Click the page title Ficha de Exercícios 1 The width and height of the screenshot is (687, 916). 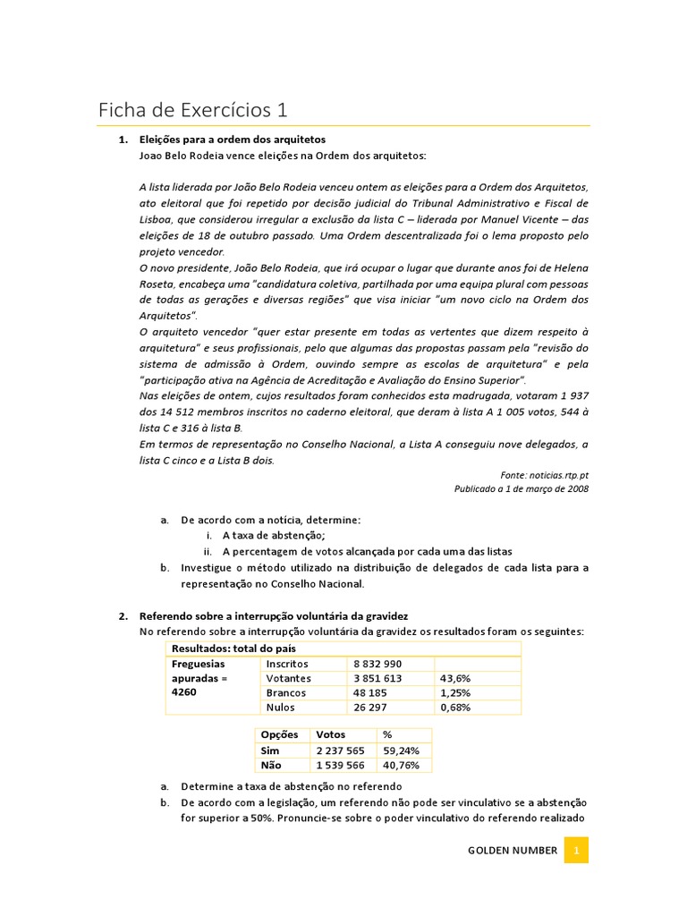192,110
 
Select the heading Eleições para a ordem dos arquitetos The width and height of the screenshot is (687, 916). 233,140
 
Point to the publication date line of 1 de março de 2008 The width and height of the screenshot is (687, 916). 522,489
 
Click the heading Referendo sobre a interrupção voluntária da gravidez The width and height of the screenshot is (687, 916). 274,616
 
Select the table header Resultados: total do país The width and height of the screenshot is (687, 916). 233,648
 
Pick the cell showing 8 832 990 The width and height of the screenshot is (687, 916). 377,664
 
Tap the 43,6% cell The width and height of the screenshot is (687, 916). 455,678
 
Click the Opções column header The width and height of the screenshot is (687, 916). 278,734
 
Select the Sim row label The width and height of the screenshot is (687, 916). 269,750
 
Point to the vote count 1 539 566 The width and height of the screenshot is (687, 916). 340,765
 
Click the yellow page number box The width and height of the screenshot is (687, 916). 577,851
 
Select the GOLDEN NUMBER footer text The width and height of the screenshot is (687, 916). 513,851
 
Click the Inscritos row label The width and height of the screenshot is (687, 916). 287,664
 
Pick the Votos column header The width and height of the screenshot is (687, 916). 330,734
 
